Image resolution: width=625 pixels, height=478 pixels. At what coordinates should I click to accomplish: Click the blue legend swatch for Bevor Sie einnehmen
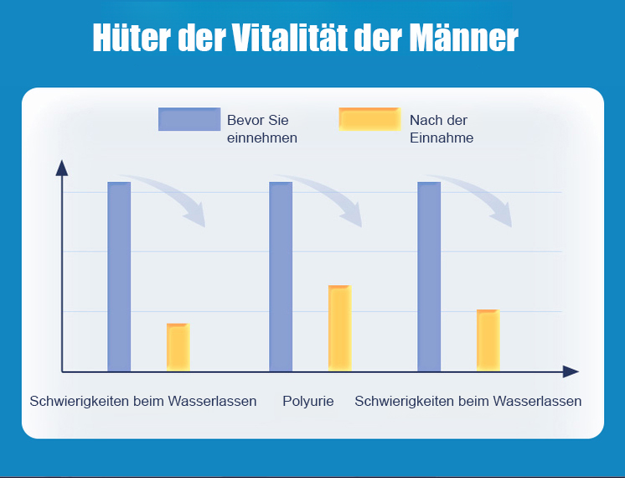click(189, 119)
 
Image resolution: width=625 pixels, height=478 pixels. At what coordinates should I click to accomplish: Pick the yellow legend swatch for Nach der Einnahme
click(369, 119)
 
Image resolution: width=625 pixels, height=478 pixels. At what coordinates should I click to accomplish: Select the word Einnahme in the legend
click(442, 138)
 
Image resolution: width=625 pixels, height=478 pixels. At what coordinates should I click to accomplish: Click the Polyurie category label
click(308, 402)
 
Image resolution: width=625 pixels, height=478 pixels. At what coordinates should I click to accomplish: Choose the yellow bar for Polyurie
click(339, 328)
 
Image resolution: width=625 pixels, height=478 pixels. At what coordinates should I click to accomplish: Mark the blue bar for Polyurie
click(281, 276)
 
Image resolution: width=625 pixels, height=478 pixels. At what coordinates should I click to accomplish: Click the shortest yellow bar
click(178, 346)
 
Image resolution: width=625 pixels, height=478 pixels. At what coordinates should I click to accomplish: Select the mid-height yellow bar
click(488, 340)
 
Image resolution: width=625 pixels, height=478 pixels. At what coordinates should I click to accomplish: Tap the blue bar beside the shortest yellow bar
click(119, 276)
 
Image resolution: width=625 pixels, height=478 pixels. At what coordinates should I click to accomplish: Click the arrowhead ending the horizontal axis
click(571, 371)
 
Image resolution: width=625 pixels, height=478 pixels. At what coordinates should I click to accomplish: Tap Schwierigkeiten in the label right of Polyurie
click(405, 402)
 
